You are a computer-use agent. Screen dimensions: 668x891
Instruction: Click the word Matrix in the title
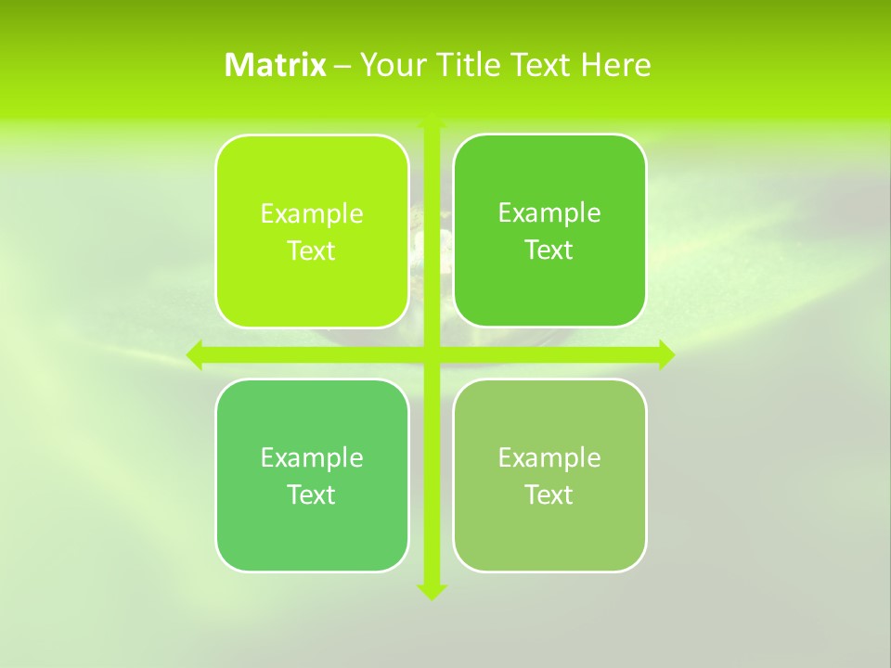point(276,65)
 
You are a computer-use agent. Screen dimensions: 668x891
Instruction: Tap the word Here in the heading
point(615,65)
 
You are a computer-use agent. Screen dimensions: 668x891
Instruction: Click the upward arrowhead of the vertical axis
point(432,121)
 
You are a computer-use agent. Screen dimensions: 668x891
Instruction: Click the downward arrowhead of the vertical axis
point(432,591)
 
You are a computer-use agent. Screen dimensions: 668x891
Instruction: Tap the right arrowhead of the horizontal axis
point(665,354)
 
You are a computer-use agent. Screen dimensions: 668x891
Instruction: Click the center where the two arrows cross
point(432,354)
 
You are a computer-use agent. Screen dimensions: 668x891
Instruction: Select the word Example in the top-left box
point(312,214)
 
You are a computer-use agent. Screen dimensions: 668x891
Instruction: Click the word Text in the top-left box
point(312,251)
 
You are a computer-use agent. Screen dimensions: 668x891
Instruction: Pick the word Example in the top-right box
point(549,213)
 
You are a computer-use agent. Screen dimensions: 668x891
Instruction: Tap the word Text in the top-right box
point(549,250)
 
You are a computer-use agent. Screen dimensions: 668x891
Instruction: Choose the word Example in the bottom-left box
point(312,457)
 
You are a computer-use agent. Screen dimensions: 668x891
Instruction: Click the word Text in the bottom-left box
point(312,495)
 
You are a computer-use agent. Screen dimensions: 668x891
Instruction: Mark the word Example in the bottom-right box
point(549,457)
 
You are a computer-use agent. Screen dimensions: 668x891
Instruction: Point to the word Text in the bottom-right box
point(549,495)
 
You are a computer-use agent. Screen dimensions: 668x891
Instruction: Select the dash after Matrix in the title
point(342,66)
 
